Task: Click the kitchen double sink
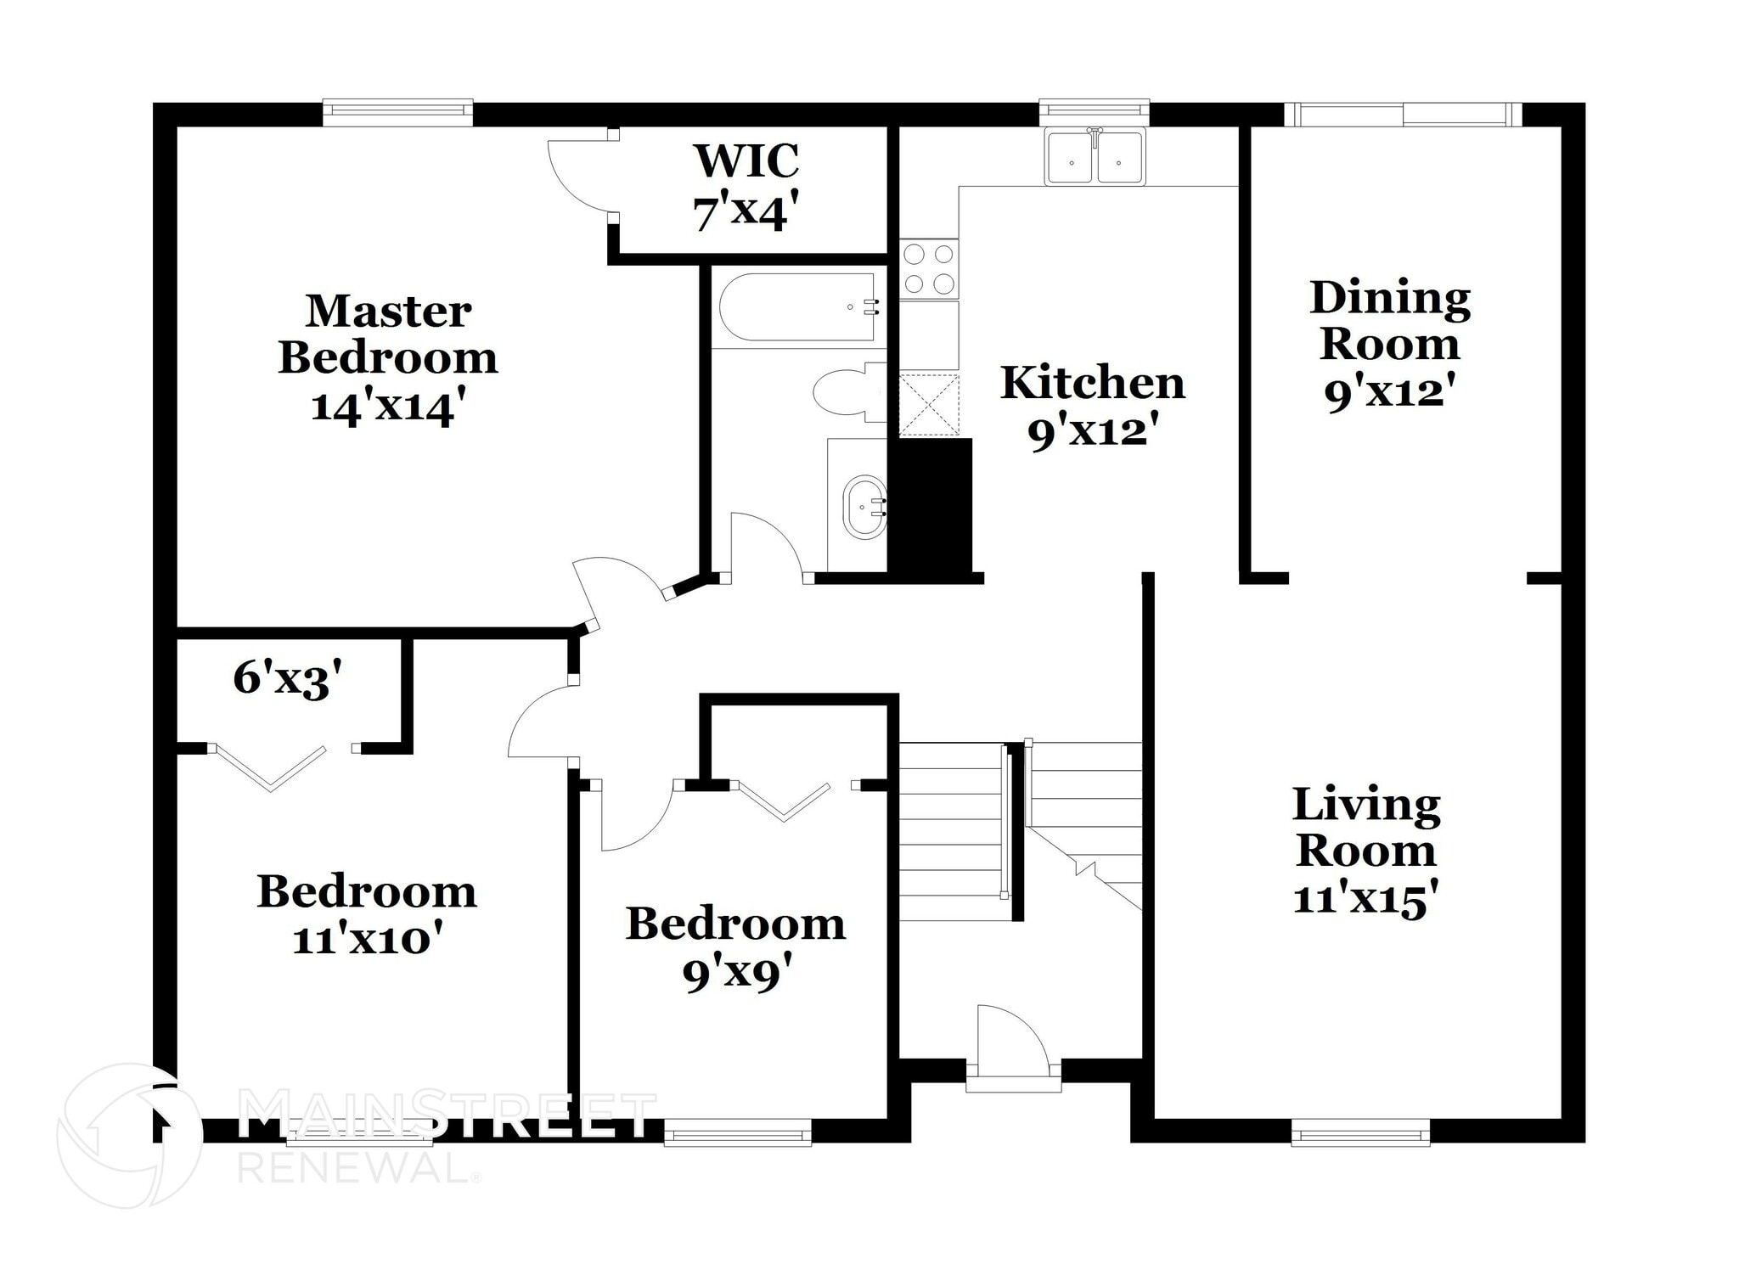1095,158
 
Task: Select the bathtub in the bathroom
796,306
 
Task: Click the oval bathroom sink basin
865,507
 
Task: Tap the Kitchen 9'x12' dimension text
1093,432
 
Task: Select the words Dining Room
1390,321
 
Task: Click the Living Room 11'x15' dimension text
1365,898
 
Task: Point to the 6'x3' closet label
287,678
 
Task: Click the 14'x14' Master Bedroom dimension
388,406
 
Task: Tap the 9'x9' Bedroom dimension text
735,974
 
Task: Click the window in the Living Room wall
1360,1132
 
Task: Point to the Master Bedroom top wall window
397,111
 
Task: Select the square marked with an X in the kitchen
929,405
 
